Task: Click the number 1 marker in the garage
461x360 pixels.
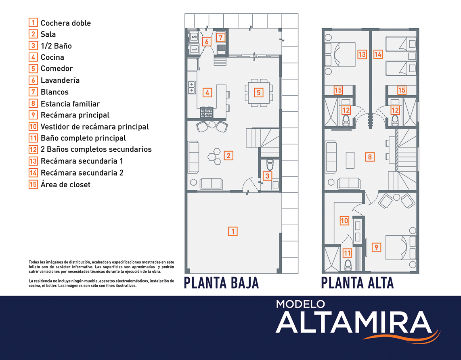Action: point(233,231)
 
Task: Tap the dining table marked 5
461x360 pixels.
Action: point(259,93)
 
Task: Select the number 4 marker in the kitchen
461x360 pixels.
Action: point(207,93)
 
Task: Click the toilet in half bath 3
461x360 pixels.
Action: point(270,165)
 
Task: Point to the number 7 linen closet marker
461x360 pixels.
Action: point(220,37)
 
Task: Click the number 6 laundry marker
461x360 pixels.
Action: point(207,42)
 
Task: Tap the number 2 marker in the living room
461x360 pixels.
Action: point(228,156)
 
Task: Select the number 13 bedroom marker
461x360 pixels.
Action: point(362,54)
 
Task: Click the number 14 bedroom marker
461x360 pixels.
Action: point(378,54)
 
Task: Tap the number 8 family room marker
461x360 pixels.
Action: point(370,157)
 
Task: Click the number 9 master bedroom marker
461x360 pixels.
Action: point(376,247)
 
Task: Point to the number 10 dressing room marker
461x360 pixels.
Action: point(344,220)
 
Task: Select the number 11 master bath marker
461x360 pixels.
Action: point(347,253)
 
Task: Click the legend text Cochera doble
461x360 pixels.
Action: point(65,23)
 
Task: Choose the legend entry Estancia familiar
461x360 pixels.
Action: point(70,104)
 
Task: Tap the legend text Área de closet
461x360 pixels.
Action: point(65,184)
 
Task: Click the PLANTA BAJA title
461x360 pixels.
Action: point(221,283)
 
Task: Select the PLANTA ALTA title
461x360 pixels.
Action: point(357,283)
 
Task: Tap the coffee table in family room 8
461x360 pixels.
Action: point(350,160)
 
